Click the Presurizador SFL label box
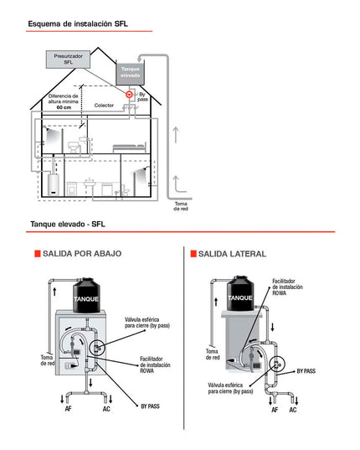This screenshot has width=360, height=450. [x=68, y=59]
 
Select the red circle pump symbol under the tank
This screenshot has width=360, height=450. [x=129, y=94]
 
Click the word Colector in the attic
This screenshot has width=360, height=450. [x=104, y=106]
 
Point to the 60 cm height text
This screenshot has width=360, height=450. [x=64, y=107]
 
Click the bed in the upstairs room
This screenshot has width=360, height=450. [x=129, y=147]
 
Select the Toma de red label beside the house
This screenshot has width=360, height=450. [x=181, y=206]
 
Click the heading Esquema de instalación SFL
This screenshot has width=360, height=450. [x=78, y=23]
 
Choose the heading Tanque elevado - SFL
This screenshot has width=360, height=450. [x=68, y=224]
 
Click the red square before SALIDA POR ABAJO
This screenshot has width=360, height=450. [x=38, y=254]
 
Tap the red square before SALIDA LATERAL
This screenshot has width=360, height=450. [x=193, y=254]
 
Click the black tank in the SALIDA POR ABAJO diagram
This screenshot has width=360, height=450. [x=86, y=295]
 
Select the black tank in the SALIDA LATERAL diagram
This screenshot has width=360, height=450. [x=240, y=293]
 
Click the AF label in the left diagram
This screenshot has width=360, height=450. [x=68, y=409]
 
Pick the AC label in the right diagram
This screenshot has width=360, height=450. [x=293, y=410]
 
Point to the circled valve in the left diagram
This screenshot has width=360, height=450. [x=97, y=349]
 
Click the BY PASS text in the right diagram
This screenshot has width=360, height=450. [x=306, y=371]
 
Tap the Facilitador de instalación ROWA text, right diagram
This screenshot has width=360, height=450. [x=287, y=287]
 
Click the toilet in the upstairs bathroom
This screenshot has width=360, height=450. [x=74, y=147]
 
